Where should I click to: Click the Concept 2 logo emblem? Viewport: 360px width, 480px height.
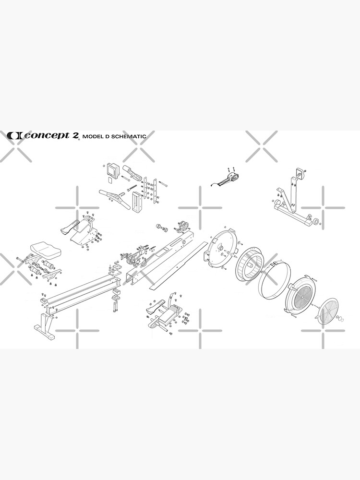tap(14, 136)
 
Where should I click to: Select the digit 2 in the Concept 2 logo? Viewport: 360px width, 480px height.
tap(75, 135)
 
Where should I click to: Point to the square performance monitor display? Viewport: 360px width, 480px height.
tap(112, 169)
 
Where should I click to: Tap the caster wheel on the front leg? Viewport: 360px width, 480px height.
tap(316, 222)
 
